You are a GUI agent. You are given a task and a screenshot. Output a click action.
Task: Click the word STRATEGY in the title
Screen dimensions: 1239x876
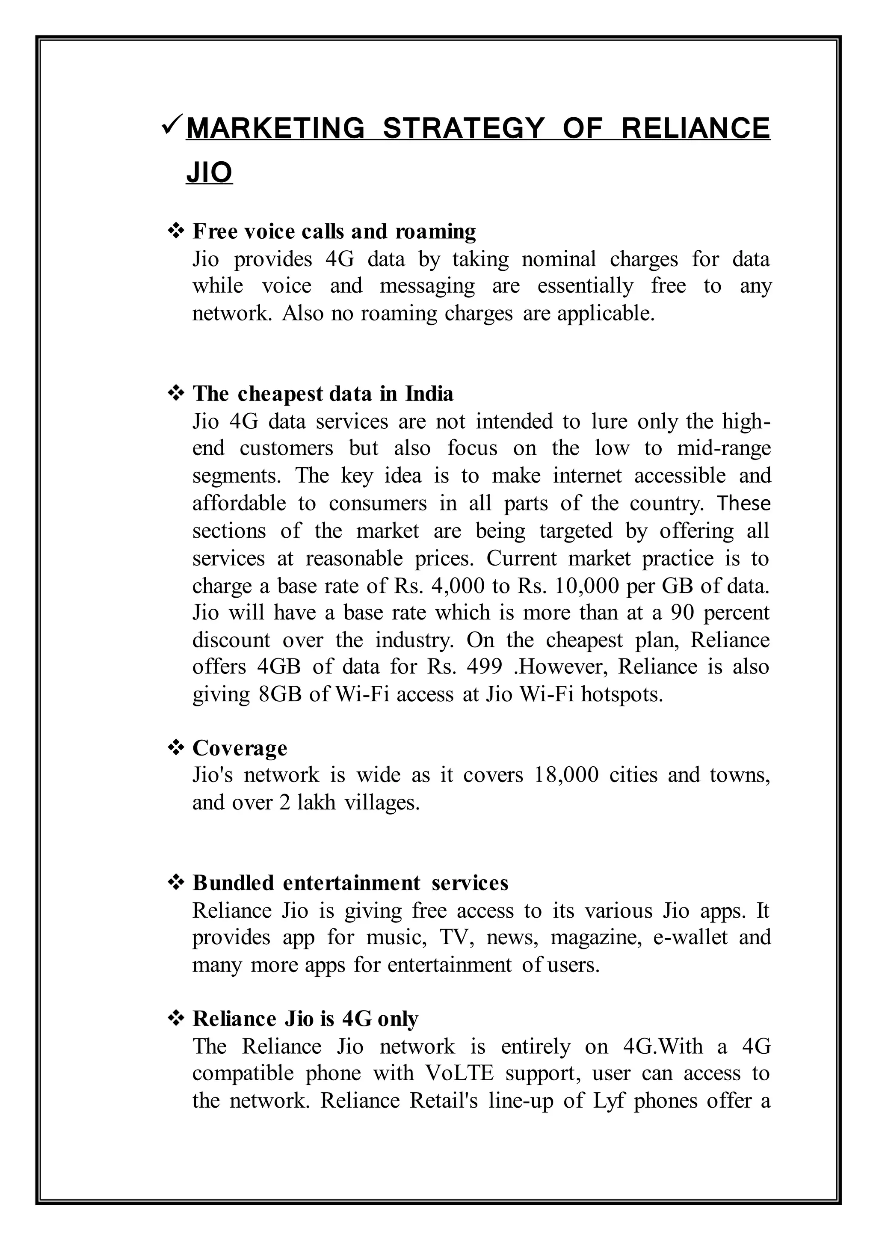[463, 128]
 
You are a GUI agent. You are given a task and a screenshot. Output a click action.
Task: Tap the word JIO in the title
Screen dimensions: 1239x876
[209, 173]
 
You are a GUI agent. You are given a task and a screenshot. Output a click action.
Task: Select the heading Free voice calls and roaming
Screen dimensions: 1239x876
[334, 231]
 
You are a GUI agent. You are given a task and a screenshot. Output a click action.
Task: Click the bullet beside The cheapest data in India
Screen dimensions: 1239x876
[176, 394]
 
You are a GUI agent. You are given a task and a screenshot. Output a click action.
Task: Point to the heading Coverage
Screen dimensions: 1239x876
[240, 748]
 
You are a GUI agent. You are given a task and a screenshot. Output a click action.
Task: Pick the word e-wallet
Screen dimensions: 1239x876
[690, 937]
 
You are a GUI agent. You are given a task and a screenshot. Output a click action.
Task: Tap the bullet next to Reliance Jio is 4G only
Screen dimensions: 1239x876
[176, 1018]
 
